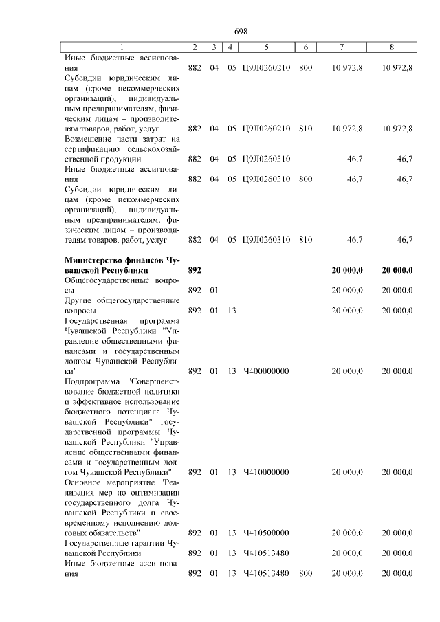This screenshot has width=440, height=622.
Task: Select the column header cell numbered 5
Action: coord(265,47)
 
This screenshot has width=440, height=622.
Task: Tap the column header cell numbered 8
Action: coord(391,47)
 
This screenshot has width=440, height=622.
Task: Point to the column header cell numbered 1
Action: coord(122,47)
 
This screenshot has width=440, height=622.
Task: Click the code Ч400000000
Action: coord(266,371)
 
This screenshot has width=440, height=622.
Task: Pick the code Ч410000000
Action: coord(266,472)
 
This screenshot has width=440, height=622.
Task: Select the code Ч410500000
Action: coord(266,533)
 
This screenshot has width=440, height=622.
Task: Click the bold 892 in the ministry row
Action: coord(195,270)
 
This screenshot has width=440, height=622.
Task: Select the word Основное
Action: coord(83,482)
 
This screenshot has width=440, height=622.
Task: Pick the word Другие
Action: coord(78,300)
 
